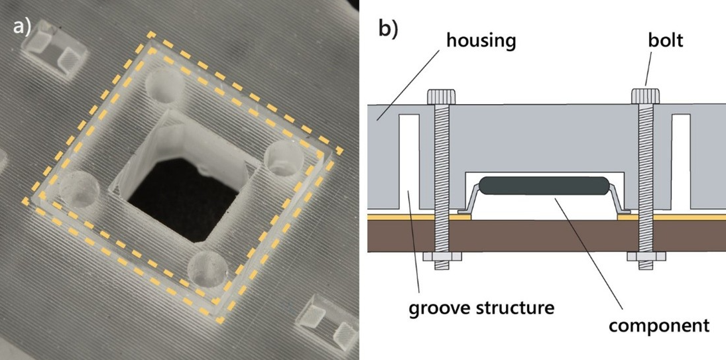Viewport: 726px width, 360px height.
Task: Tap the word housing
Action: point(480,40)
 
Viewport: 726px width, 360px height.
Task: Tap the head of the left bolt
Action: point(441,97)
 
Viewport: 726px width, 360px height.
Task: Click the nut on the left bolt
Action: point(441,257)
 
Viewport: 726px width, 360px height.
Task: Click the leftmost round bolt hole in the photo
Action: point(78,187)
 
